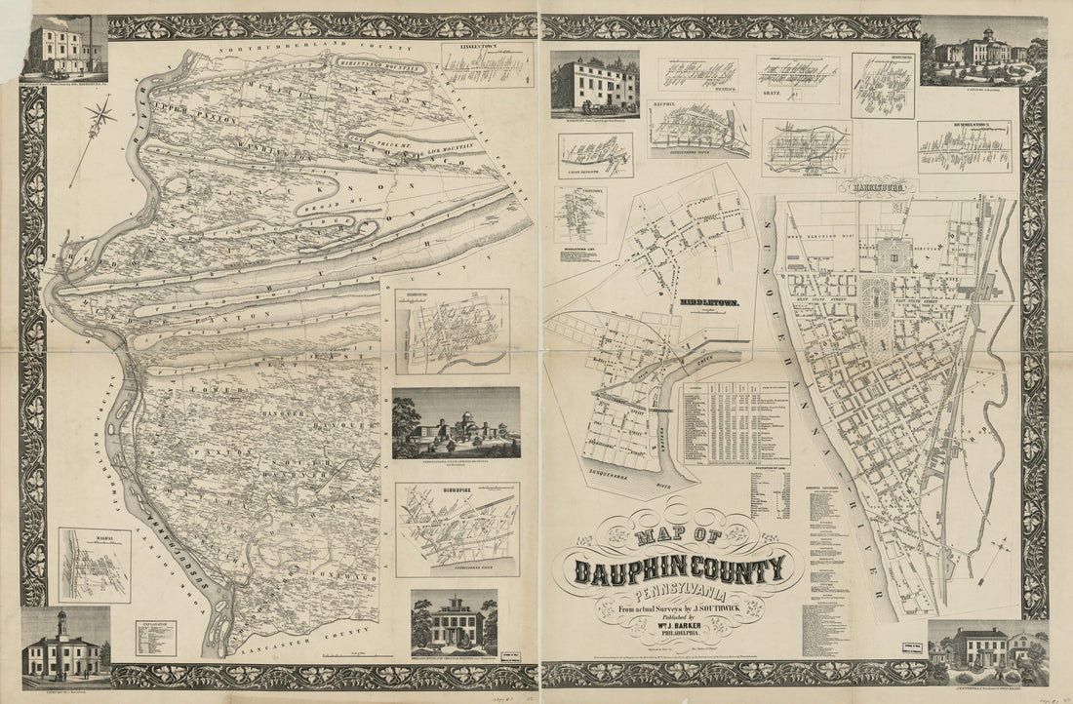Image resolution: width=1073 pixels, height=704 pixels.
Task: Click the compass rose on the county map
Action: coord(99,118)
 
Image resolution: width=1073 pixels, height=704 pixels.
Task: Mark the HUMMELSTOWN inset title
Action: coord(964,126)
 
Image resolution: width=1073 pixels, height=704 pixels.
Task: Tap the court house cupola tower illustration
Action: coord(61,620)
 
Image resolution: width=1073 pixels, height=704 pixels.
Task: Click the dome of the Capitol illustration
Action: coord(984,28)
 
